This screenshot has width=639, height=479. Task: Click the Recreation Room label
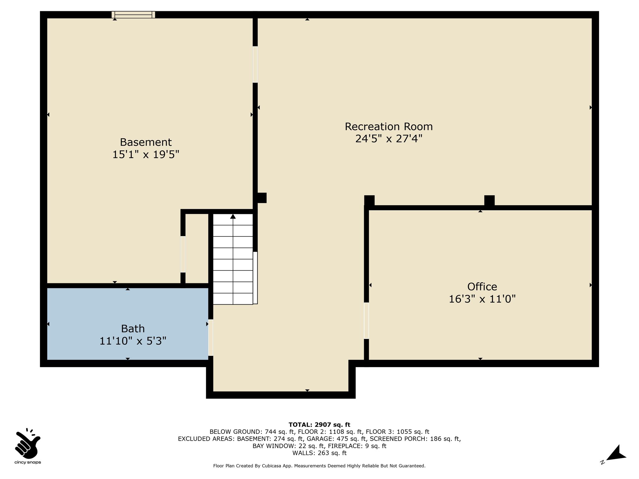click(x=389, y=127)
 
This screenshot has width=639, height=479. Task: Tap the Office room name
click(x=482, y=287)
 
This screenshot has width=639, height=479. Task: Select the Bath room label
click(x=133, y=329)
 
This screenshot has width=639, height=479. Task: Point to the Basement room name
click(x=146, y=142)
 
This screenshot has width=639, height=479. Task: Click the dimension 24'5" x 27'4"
click(x=389, y=139)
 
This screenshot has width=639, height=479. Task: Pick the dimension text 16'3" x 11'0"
click(x=482, y=299)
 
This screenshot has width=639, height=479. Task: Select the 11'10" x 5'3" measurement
click(x=133, y=341)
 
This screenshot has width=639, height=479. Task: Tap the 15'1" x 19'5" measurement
click(x=146, y=154)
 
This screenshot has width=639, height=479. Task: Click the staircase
click(x=233, y=259)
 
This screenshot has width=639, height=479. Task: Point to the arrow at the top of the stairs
click(x=233, y=216)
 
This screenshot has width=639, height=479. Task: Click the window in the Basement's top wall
click(x=133, y=15)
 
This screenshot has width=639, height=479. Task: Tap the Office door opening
click(x=367, y=321)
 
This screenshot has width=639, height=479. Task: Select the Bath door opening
click(x=211, y=337)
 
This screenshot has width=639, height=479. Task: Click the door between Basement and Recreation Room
click(x=255, y=65)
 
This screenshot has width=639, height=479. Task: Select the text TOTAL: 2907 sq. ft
click(x=319, y=425)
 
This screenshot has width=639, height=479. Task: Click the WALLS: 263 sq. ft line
click(x=319, y=453)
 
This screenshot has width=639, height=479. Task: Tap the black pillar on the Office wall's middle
click(x=489, y=201)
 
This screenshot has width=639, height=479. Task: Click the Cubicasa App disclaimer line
click(x=319, y=466)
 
